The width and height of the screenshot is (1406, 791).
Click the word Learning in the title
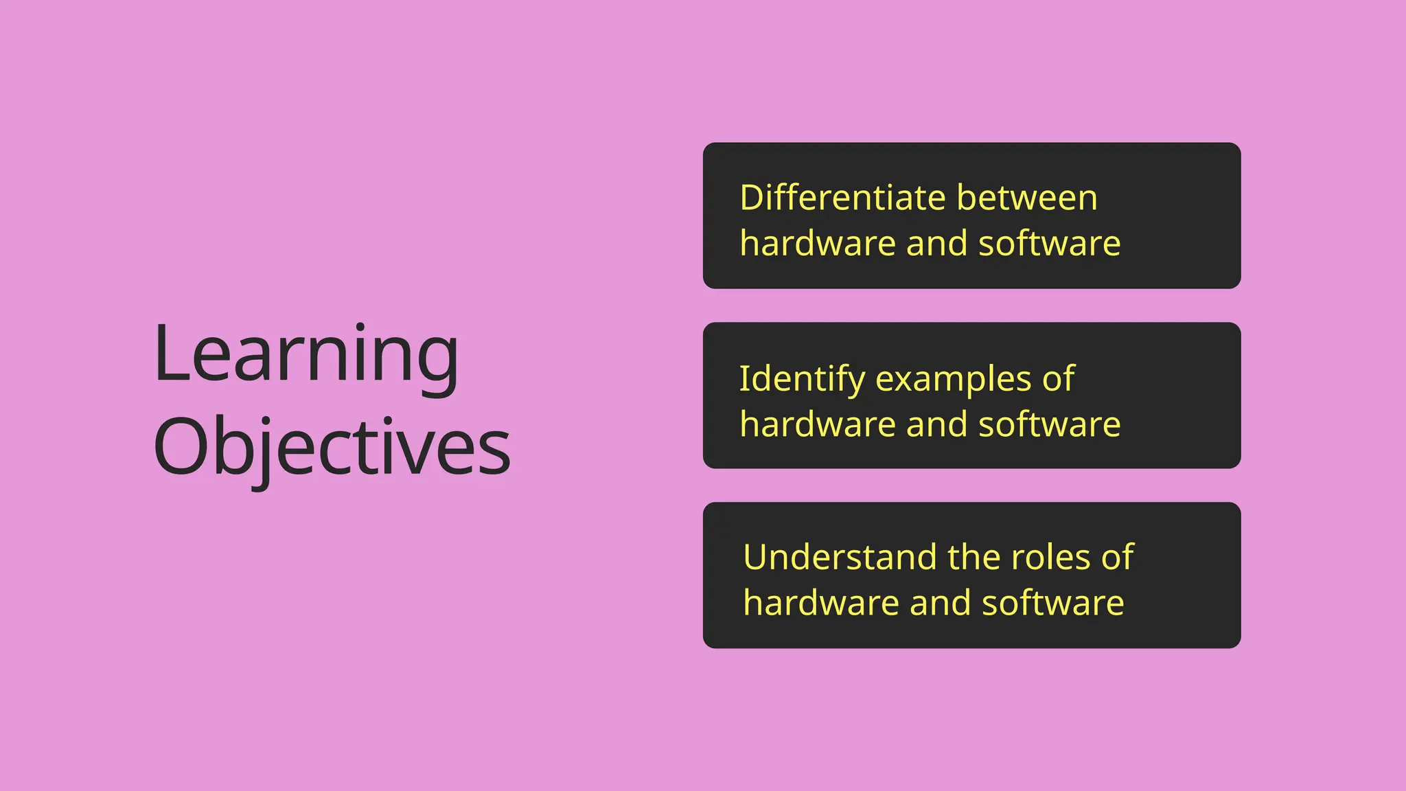(306, 356)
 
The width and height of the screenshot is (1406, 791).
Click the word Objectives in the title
(332, 448)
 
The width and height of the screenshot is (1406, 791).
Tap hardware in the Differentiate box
(818, 244)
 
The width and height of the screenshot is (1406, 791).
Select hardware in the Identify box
(818, 424)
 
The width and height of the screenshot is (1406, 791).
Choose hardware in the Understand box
(821, 603)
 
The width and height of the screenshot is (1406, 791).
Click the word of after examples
(1058, 379)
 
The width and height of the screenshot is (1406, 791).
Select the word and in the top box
(936, 244)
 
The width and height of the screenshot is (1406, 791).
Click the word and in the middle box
(936, 424)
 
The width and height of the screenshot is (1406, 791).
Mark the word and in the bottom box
(939, 603)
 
